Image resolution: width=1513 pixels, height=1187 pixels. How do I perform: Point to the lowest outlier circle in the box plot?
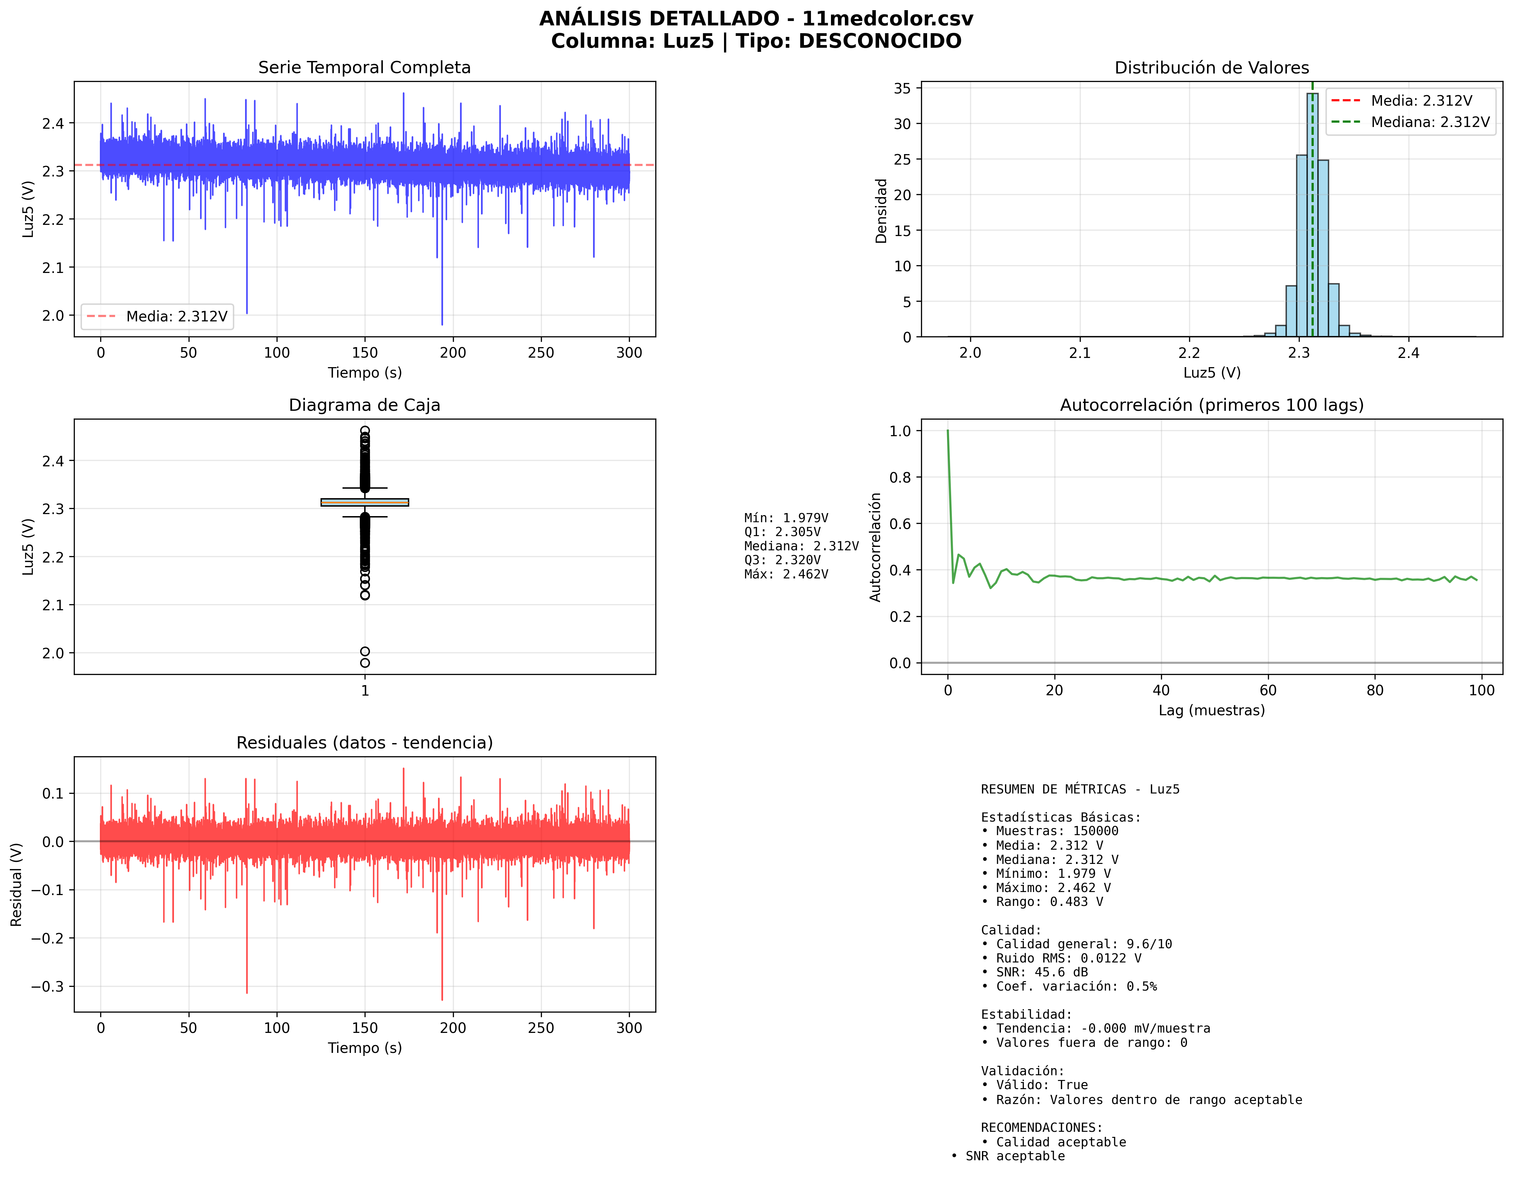(365, 663)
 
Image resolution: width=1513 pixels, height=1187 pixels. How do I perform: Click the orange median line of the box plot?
(365, 502)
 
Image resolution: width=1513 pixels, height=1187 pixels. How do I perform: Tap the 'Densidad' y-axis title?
(881, 211)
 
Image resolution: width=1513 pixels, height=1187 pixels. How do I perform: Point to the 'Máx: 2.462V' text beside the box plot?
(786, 574)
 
